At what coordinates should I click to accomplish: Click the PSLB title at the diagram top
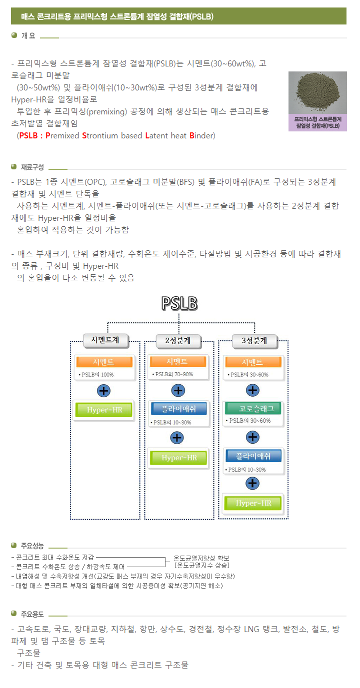click(x=179, y=303)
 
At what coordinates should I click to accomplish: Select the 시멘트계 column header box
click(x=104, y=341)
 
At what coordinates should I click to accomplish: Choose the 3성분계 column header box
click(x=253, y=341)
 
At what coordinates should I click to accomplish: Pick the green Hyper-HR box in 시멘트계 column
click(x=104, y=410)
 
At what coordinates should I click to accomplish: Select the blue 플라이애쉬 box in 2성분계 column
click(x=178, y=409)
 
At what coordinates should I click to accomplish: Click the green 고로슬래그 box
click(x=253, y=408)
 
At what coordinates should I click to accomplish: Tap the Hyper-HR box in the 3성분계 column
click(x=253, y=503)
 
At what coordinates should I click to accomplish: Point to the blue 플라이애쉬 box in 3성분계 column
click(x=253, y=456)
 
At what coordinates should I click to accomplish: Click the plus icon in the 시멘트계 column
click(x=104, y=390)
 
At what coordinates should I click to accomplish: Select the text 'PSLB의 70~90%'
click(x=173, y=374)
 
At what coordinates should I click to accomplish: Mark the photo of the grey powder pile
click(x=317, y=93)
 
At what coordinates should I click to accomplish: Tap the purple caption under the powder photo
click(x=317, y=123)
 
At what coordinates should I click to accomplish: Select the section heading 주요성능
click(x=32, y=546)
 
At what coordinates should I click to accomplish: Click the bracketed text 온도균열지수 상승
click(x=201, y=565)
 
